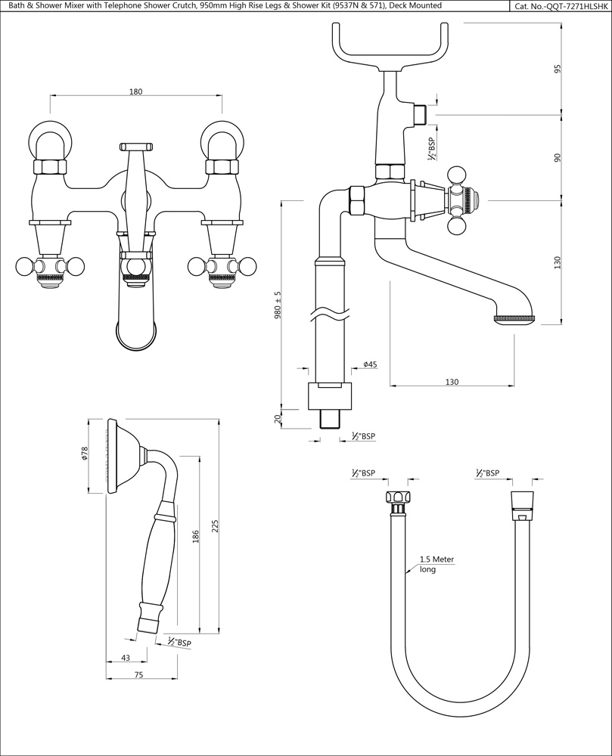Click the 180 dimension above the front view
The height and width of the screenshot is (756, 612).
(x=136, y=91)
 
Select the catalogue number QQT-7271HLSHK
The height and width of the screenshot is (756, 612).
(x=561, y=6)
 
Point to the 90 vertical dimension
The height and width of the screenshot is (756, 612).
(x=558, y=157)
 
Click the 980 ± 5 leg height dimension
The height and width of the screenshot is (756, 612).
(x=278, y=306)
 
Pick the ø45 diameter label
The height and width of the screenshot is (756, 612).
(x=370, y=364)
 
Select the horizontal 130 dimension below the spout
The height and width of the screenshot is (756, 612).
(x=452, y=382)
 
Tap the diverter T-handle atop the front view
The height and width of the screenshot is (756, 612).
(x=136, y=145)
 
